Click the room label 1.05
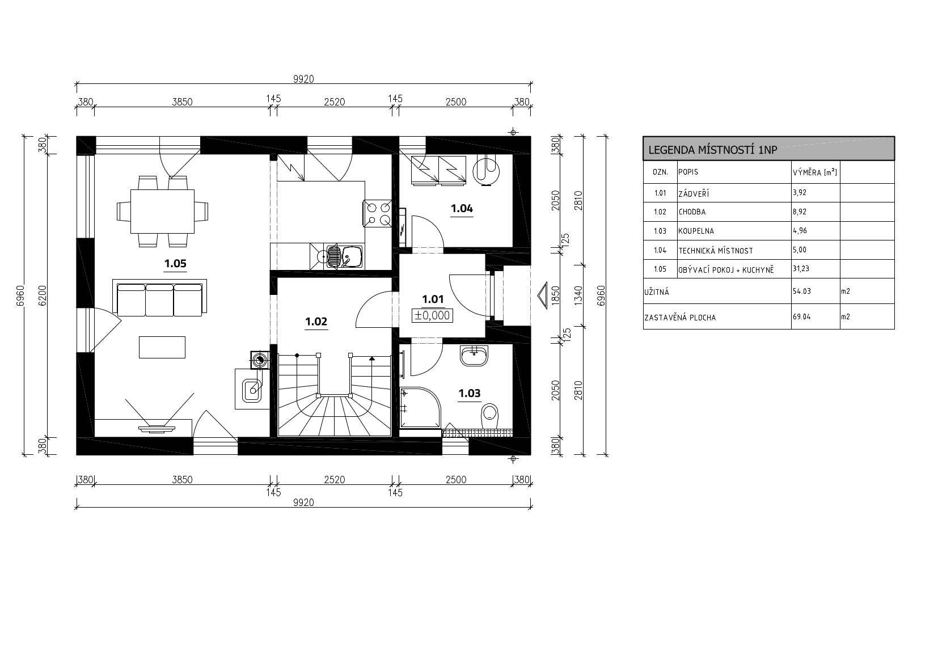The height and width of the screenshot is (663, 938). pyautogui.click(x=175, y=263)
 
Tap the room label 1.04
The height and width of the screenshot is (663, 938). pyautogui.click(x=462, y=208)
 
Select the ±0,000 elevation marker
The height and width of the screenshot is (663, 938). pyautogui.click(x=432, y=315)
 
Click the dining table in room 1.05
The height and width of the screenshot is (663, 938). pyautogui.click(x=162, y=212)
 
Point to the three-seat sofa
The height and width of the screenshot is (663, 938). pyautogui.click(x=159, y=298)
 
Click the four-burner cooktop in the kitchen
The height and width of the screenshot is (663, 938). pyautogui.click(x=378, y=213)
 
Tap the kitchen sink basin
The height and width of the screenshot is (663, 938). pyautogui.click(x=352, y=256)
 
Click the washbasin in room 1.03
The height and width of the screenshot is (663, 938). pyautogui.click(x=474, y=356)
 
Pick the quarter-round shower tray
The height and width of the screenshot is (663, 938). pyautogui.click(x=420, y=408)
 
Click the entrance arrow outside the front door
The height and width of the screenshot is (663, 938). pyautogui.click(x=543, y=295)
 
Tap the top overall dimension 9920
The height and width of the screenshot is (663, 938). pyautogui.click(x=303, y=79)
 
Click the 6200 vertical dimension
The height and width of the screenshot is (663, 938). pyautogui.click(x=43, y=295)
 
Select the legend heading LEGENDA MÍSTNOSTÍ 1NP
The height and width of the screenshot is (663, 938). pyautogui.click(x=713, y=150)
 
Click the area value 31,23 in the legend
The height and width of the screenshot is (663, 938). pyautogui.click(x=801, y=268)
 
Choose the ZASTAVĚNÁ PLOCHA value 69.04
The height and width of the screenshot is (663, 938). pyautogui.click(x=801, y=316)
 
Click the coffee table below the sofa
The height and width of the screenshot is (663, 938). pyautogui.click(x=162, y=347)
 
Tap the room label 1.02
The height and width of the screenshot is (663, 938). pyautogui.click(x=316, y=322)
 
